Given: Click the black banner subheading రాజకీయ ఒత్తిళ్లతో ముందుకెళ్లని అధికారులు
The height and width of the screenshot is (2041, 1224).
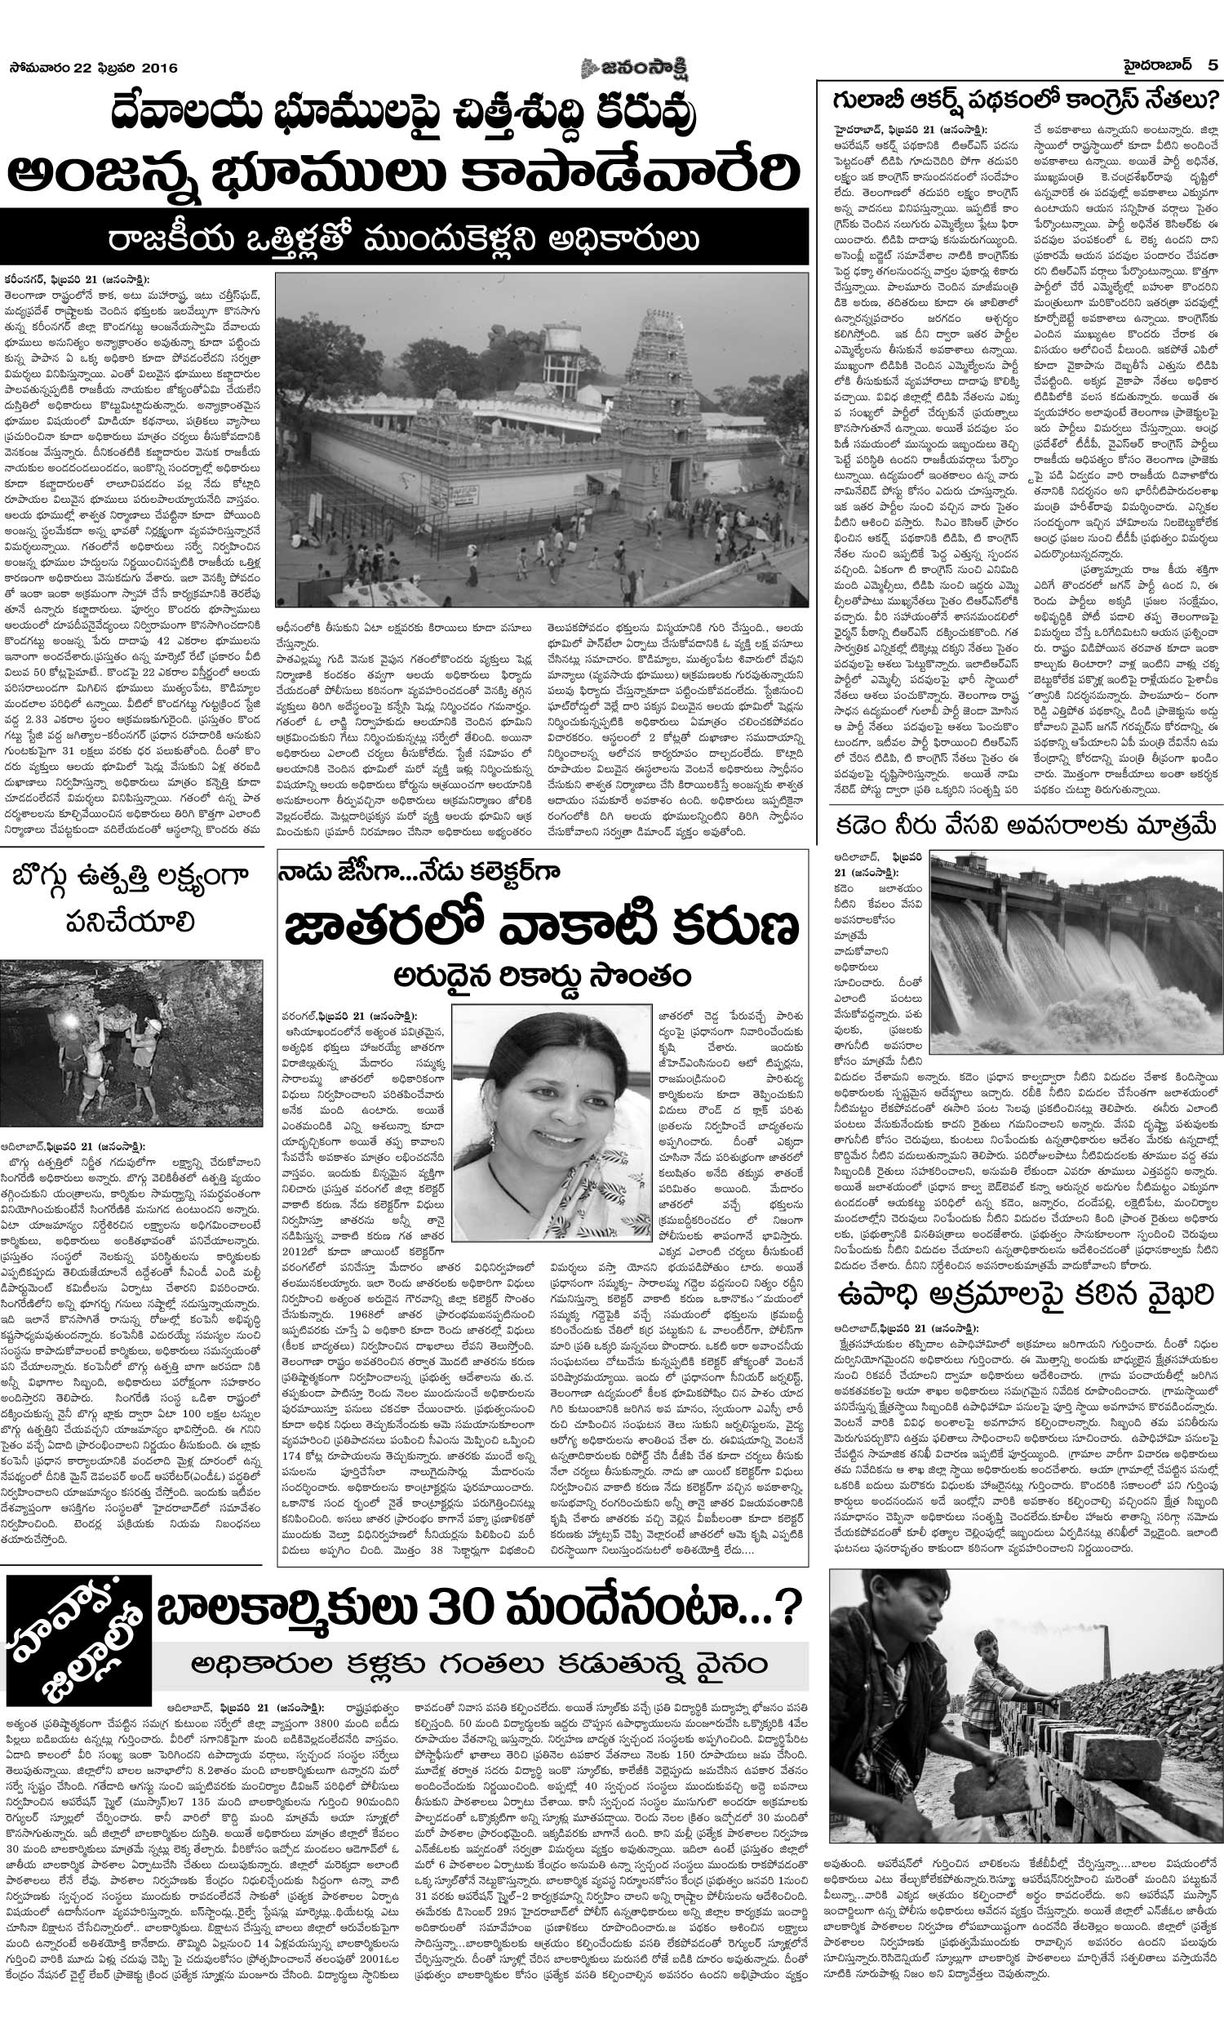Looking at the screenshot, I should coord(404,237).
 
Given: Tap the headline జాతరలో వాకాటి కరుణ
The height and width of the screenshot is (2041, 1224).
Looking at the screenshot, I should coord(541,927).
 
